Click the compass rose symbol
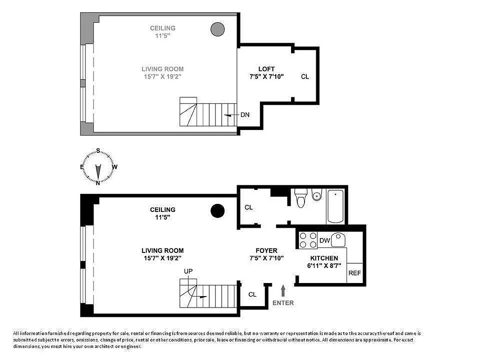98,167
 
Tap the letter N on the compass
98,183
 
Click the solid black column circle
218,211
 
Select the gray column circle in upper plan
217,29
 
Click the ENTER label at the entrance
283,303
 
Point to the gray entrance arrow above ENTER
283,290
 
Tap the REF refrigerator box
354,273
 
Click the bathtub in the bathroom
336,206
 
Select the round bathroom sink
317,196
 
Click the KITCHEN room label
324,258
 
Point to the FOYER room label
266,251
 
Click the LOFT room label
266,69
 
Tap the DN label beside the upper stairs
245,115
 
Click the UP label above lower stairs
188,271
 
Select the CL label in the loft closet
305,76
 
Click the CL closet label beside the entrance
252,294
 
